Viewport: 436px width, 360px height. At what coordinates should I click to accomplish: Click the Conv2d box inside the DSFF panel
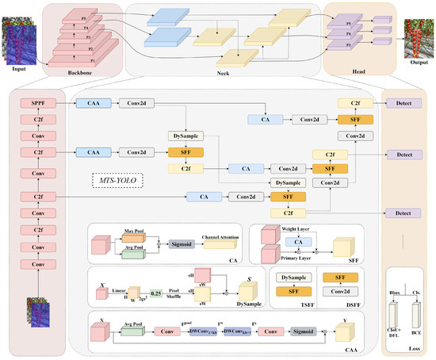click(x=342, y=291)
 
